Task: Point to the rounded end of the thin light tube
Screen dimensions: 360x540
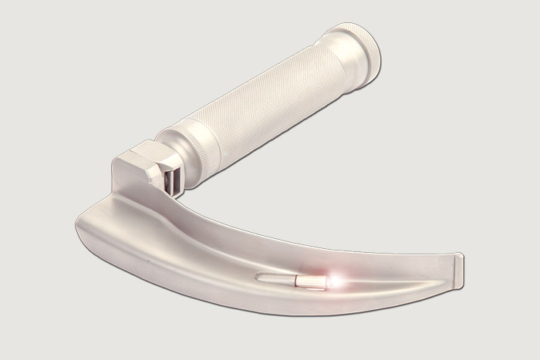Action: [x=258, y=277]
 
